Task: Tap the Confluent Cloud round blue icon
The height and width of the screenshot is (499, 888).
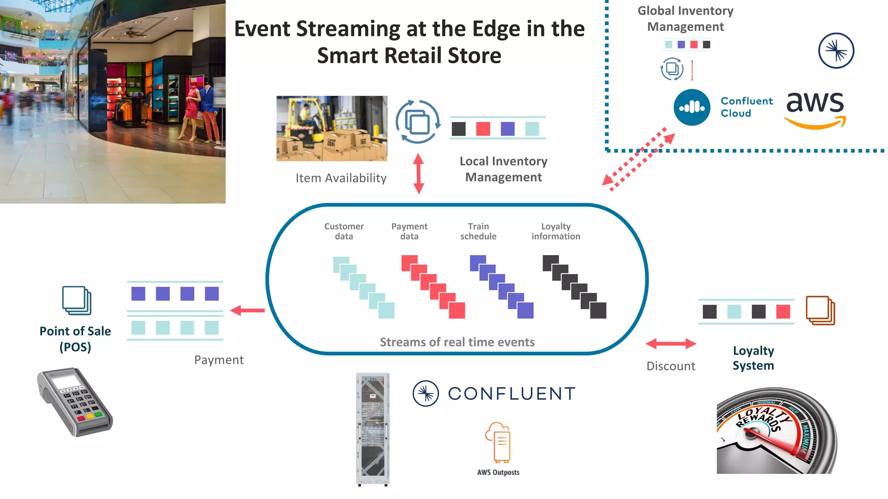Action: coord(692,107)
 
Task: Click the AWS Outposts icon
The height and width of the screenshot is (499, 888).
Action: coord(498,443)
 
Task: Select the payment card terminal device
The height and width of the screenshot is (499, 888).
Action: coord(75,402)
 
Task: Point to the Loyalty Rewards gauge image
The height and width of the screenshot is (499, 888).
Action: coord(776,431)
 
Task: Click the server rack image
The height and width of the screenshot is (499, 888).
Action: coord(372,429)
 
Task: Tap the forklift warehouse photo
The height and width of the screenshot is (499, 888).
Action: coord(332,128)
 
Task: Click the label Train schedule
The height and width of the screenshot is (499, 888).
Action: coord(478,231)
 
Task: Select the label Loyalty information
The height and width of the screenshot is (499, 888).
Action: coord(555,231)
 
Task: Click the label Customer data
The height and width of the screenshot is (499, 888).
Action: coord(344,231)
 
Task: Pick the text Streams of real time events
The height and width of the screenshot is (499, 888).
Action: coord(457,342)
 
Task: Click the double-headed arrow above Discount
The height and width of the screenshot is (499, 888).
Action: coord(670,344)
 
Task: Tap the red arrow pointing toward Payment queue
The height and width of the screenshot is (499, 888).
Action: coord(247,310)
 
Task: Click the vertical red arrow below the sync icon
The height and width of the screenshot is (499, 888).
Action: coord(418,173)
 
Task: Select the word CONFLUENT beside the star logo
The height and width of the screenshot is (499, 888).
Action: coord(512,394)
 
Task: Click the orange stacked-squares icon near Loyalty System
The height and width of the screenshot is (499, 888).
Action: coord(820,310)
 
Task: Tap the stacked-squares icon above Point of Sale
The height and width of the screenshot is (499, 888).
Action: coord(77,300)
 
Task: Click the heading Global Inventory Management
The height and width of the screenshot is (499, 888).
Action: coord(685,19)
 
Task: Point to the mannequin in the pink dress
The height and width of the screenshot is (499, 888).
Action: coord(191,108)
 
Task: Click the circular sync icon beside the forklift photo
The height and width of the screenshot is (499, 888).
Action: coord(418,122)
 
